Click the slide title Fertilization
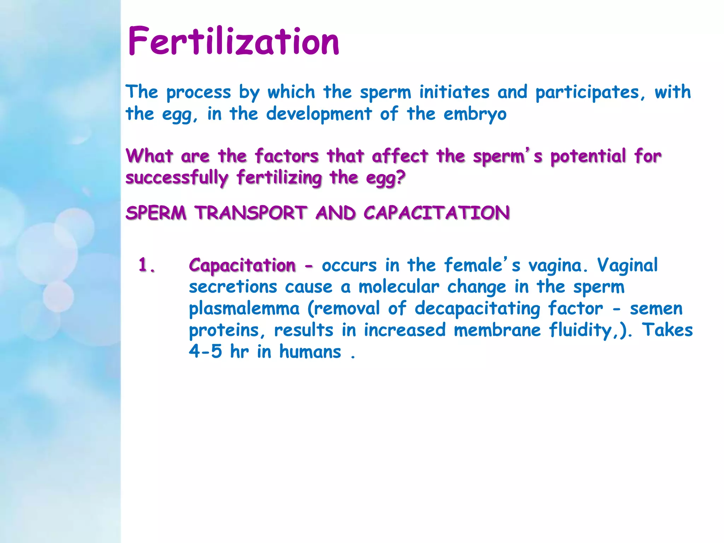tap(233, 42)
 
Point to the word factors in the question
tap(287, 156)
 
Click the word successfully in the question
tap(177, 178)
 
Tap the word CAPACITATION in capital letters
tap(437, 213)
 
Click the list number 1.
tap(146, 265)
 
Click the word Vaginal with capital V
tap(627, 265)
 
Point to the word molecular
tap(398, 287)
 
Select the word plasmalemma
tap(244, 309)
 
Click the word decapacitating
tap(477, 309)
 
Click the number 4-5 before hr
tap(205, 352)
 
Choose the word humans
tap(310, 352)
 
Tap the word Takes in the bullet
tap(667, 330)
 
